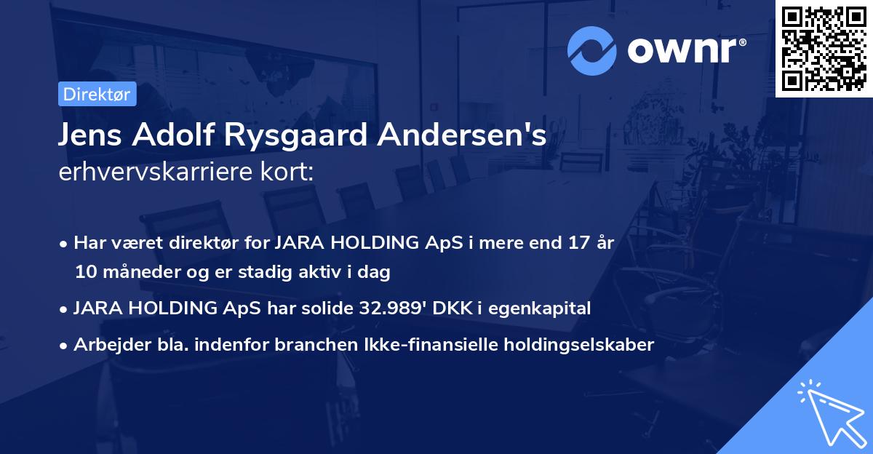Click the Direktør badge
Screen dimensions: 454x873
coord(96,94)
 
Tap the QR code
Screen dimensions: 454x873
coord(824,48)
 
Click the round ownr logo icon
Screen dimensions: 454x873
coord(591,51)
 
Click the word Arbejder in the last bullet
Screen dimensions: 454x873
coord(107,344)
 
